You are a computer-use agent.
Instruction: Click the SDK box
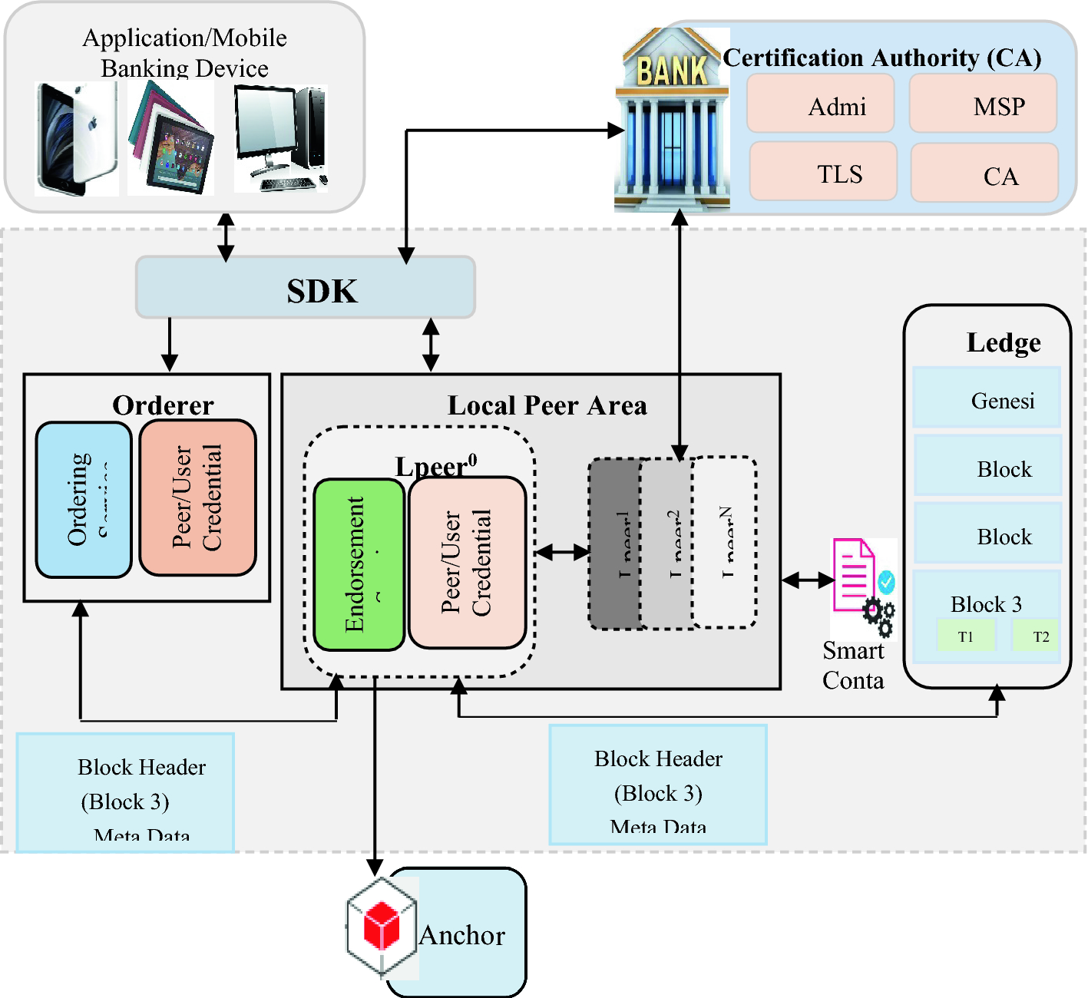(x=306, y=288)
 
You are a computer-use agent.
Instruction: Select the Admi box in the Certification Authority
(x=821, y=104)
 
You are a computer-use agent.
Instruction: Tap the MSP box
(x=984, y=104)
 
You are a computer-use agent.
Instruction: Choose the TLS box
(x=823, y=171)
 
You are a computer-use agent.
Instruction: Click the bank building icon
(x=672, y=121)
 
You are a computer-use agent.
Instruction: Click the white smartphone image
(x=77, y=139)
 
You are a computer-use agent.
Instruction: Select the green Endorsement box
(x=359, y=564)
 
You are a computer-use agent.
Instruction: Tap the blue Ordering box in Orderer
(x=84, y=500)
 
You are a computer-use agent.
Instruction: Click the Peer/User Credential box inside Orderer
(x=197, y=497)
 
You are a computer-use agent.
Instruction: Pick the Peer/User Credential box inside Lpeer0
(x=467, y=563)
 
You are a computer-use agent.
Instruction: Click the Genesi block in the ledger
(x=987, y=398)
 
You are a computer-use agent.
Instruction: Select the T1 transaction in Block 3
(x=966, y=636)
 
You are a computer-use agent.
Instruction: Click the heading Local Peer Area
(x=547, y=405)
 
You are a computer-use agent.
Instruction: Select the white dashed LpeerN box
(x=725, y=543)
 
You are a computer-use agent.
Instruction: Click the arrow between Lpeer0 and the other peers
(x=563, y=551)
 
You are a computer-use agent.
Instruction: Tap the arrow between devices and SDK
(x=226, y=236)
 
